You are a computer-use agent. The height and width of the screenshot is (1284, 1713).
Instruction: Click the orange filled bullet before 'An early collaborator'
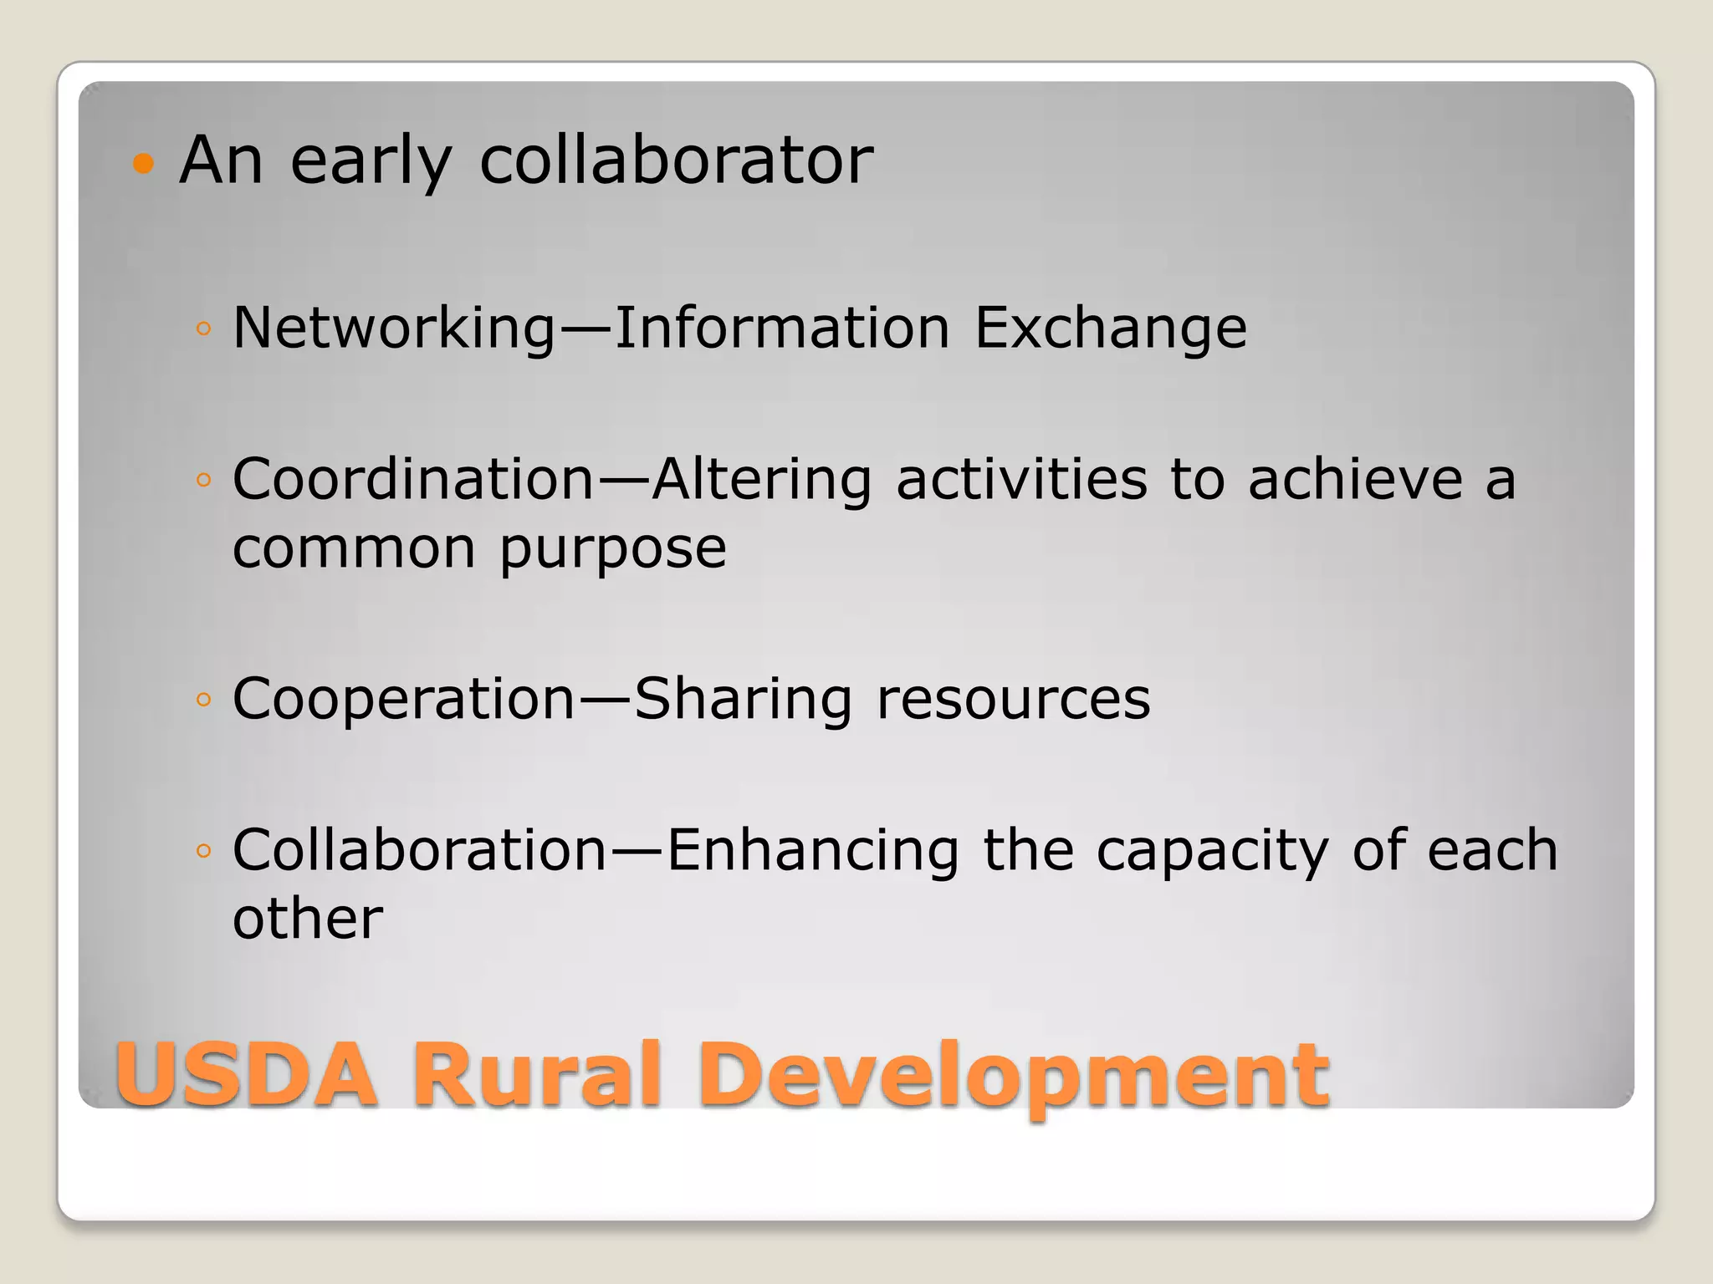(x=144, y=163)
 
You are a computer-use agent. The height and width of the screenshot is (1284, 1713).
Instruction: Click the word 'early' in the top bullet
(x=371, y=160)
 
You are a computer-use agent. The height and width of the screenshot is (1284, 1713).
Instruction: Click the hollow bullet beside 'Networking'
(x=202, y=329)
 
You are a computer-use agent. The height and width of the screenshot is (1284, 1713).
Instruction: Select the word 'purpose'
(x=613, y=549)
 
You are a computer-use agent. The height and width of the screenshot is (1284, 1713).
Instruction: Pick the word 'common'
(x=355, y=549)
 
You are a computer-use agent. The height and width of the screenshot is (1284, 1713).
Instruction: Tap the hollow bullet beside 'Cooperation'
(x=202, y=699)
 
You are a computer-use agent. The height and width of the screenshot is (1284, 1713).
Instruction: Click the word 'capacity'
(x=1212, y=850)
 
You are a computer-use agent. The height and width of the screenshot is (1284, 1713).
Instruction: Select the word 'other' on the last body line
(x=308, y=919)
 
